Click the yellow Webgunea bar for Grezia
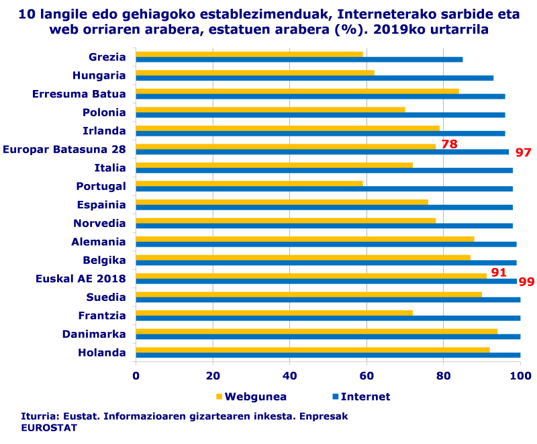(249, 54)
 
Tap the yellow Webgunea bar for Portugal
(249, 183)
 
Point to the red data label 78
(449, 144)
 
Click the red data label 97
(523, 152)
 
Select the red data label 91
(498, 272)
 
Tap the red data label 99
(526, 281)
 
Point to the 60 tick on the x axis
(367, 376)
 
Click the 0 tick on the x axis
(136, 376)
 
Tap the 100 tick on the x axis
(520, 376)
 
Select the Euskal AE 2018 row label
(81, 279)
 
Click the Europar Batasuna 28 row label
(64, 149)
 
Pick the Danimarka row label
(94, 334)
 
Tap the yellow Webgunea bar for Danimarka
(316, 331)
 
